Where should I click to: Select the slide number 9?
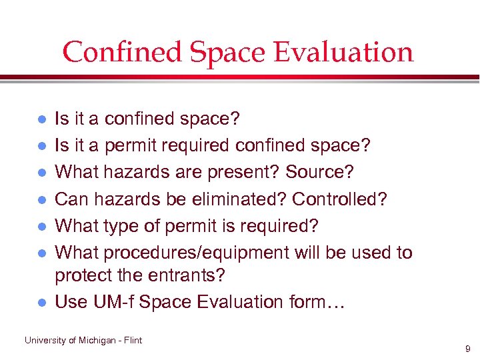pyautogui.click(x=467, y=348)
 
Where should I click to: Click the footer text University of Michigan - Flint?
pyautogui.click(x=83, y=340)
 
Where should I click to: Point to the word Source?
pyautogui.click(x=320, y=172)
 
